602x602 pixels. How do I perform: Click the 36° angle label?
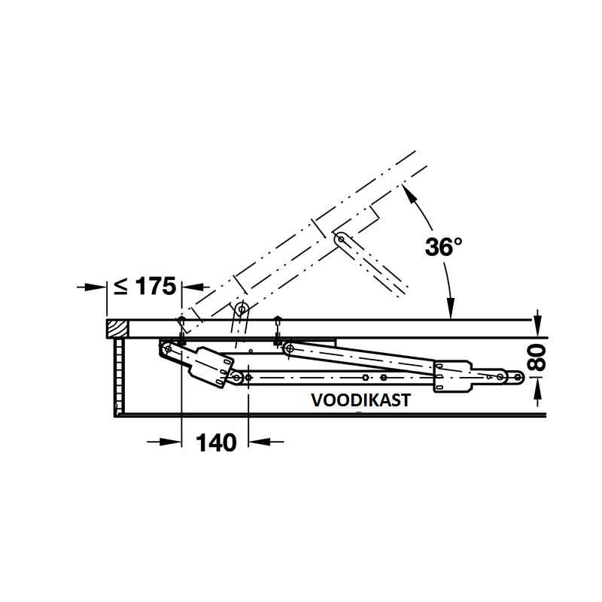point(443,247)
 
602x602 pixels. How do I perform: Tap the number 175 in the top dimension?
point(156,286)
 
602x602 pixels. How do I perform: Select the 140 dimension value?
point(216,442)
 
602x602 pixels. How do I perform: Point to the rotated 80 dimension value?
point(537,357)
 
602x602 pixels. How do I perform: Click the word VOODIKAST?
point(361,400)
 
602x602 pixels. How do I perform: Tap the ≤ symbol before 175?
point(121,287)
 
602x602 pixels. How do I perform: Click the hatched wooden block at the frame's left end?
point(117,329)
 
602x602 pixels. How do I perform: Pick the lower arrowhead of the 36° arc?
point(451,308)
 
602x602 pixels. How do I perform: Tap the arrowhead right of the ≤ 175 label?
point(193,287)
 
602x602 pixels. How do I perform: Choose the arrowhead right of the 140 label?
point(260,442)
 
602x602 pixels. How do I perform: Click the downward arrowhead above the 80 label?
point(538,327)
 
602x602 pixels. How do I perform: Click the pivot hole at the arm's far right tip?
point(518,378)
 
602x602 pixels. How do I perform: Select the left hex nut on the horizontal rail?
point(366,378)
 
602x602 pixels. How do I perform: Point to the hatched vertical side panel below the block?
point(119,377)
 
